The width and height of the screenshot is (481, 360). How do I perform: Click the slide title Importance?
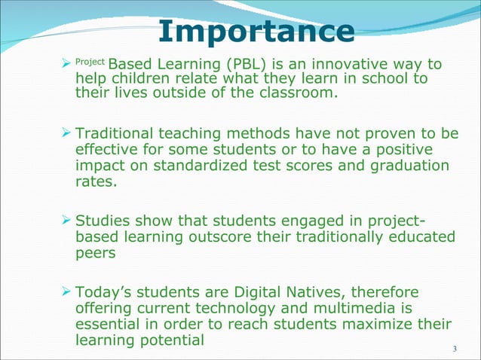256,32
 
